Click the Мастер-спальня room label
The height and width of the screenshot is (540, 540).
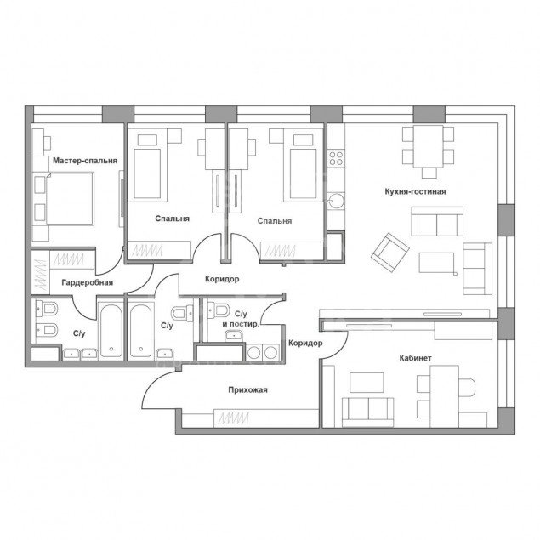pos(85,161)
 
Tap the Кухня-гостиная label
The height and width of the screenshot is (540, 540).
pos(415,191)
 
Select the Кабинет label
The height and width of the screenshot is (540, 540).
pos(415,358)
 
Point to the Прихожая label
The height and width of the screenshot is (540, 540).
pos(248,389)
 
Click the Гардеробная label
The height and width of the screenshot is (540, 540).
pos(88,282)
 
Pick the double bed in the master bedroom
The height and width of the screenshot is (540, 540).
pos(70,199)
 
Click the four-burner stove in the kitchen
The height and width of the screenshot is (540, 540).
pos(336,158)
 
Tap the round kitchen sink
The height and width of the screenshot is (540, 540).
pos(336,201)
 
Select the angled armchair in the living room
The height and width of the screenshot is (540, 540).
pos(390,253)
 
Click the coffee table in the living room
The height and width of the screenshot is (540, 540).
pos(437,263)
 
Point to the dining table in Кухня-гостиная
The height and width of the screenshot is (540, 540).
pos(429,146)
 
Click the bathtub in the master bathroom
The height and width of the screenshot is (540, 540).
pos(111,330)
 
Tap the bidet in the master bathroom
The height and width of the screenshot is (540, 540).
pos(47,330)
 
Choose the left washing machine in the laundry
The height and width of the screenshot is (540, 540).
pos(254,352)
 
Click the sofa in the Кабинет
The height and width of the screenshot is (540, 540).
pos(367,412)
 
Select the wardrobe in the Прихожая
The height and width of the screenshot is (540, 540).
pos(266,418)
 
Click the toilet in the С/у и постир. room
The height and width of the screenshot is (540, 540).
pos(219,310)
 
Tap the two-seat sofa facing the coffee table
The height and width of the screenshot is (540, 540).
pos(437,221)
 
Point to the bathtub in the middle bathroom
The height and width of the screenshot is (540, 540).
pos(141,331)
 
